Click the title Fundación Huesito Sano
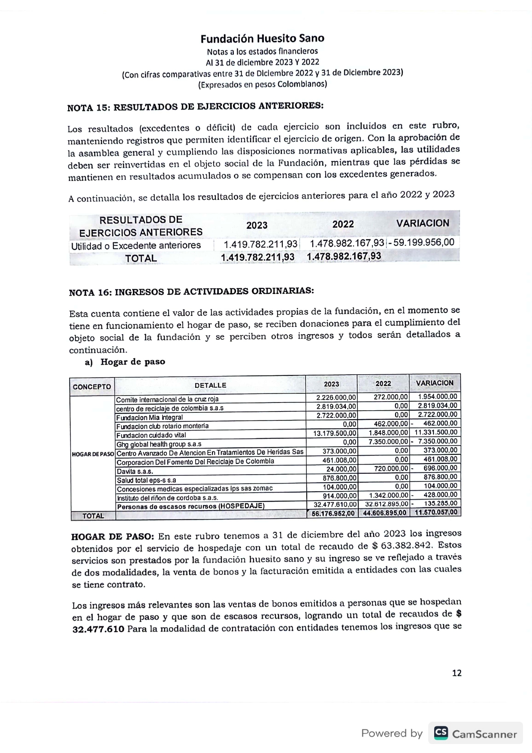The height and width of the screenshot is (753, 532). (262, 39)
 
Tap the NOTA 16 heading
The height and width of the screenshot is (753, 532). (191, 292)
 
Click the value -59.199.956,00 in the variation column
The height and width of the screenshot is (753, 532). (421, 242)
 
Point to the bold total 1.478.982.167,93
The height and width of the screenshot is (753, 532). (344, 257)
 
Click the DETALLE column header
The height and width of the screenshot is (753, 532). (210, 385)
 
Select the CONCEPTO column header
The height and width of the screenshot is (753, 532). (92, 387)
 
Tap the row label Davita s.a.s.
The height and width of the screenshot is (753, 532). (135, 471)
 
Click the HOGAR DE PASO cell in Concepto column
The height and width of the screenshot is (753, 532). (93, 454)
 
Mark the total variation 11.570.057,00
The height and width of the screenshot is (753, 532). (435, 512)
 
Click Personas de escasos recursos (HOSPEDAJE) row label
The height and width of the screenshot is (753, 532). (190, 506)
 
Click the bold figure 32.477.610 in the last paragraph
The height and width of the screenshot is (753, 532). (99, 629)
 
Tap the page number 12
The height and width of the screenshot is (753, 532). (456, 673)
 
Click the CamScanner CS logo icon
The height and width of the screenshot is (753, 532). (441, 733)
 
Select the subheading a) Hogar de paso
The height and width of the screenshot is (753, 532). (125, 362)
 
